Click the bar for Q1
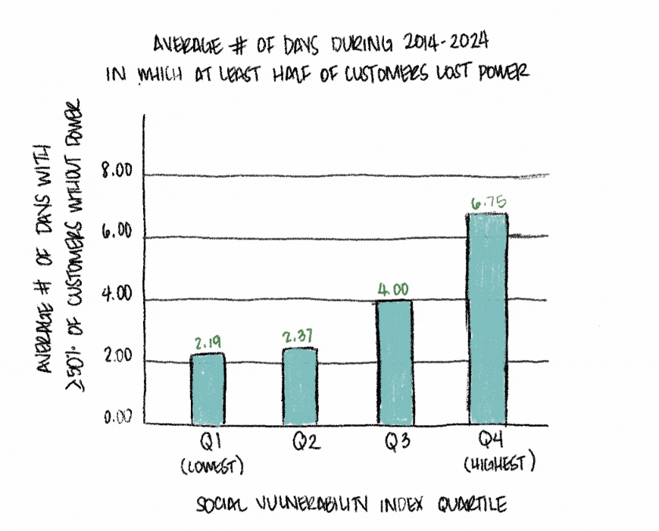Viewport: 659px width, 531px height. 207,389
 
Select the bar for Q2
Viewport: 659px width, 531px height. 300,386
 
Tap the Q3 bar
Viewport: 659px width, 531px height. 393,362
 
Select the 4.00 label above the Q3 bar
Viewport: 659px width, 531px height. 393,289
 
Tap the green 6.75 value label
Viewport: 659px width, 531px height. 488,202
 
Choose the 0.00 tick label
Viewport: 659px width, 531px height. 117,417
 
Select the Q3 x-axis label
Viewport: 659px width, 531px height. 392,442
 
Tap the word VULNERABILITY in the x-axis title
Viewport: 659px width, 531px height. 304,503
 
